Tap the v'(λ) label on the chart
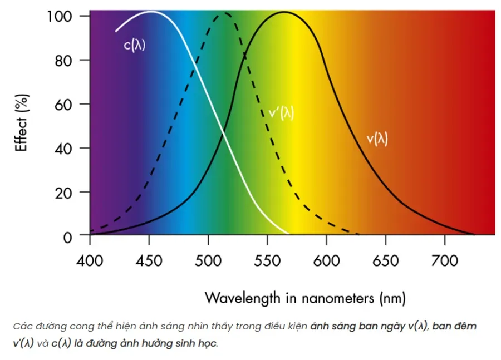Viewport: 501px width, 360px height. [x=281, y=113]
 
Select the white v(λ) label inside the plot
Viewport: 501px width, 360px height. [x=377, y=139]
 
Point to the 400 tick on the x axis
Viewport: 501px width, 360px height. [x=90, y=260]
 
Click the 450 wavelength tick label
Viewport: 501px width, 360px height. [x=149, y=260]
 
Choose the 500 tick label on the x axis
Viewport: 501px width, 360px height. [x=208, y=260]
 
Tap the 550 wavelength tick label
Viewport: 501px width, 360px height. [x=267, y=260]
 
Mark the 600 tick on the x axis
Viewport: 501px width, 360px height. [x=326, y=260]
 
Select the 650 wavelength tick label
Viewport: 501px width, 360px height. [x=385, y=260]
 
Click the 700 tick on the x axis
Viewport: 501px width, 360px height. [x=444, y=260]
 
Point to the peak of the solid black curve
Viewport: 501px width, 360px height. [x=284, y=12]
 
